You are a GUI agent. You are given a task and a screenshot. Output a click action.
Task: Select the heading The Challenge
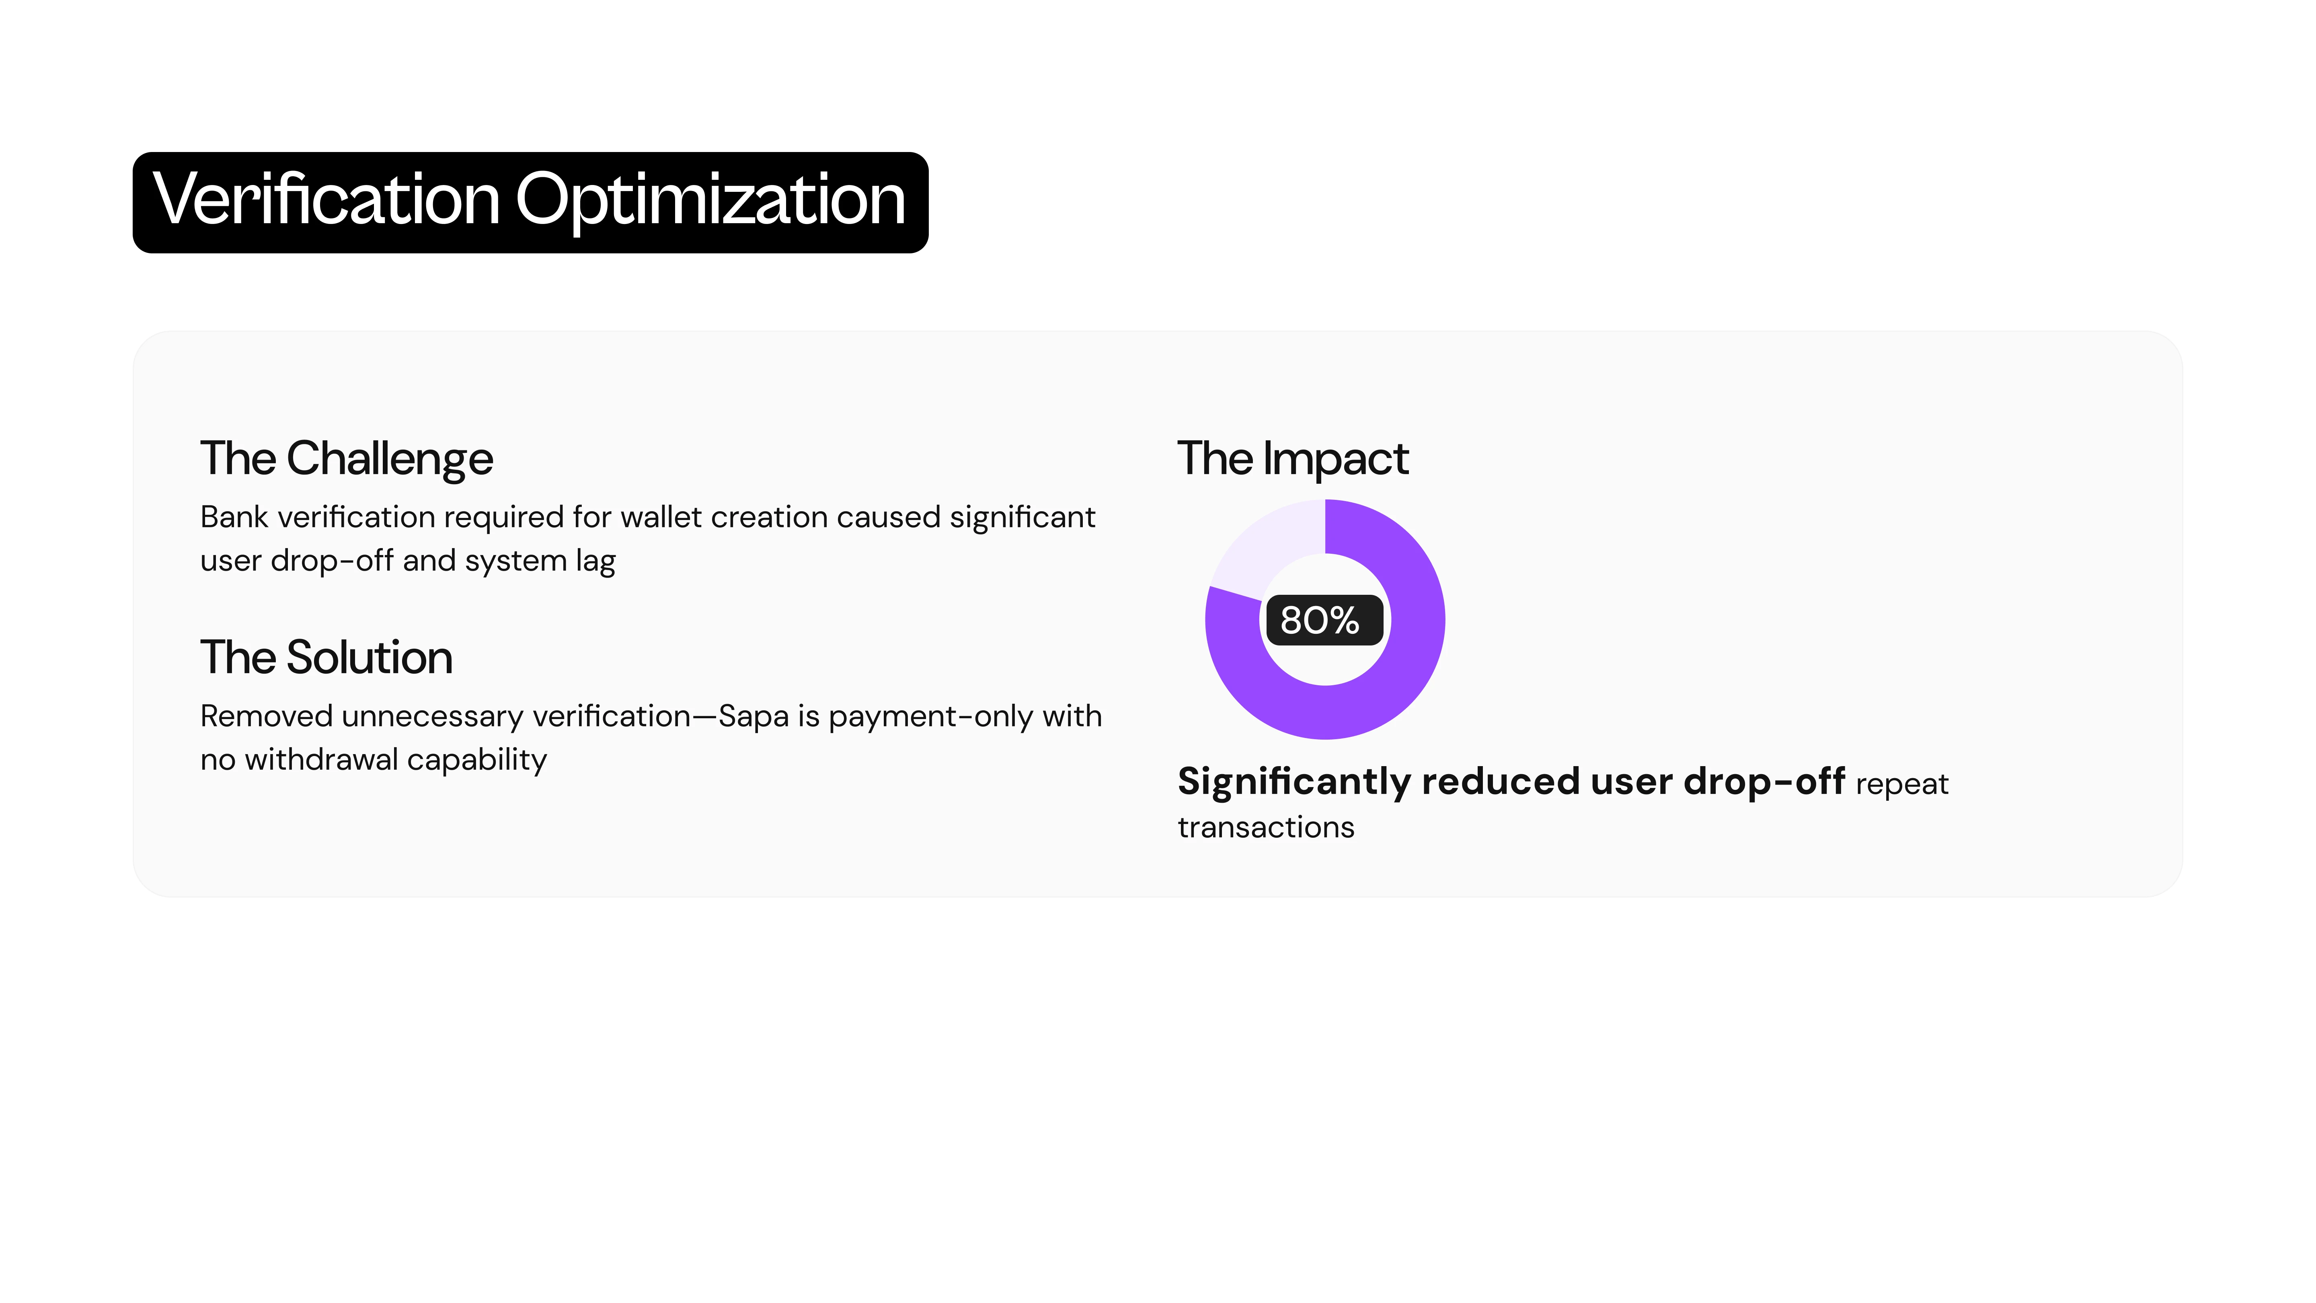coord(346,460)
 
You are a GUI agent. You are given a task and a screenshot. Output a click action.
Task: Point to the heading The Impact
coord(1293,460)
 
